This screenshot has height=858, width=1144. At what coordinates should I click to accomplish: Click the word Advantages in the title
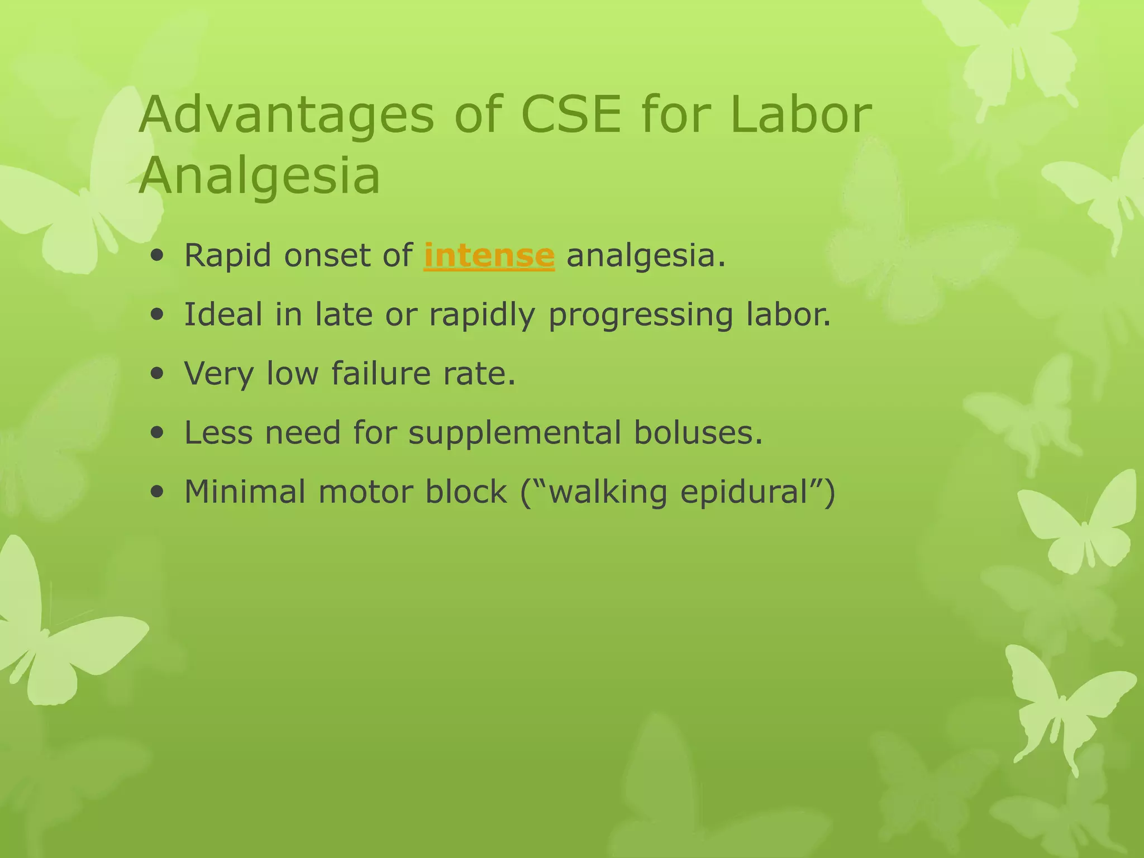coord(286,116)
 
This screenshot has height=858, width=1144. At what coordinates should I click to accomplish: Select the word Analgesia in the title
coord(259,177)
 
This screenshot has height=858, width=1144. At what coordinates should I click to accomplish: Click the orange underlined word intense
coord(489,256)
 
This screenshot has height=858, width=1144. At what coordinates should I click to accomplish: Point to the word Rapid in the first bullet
coord(228,256)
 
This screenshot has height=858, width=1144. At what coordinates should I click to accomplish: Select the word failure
coord(381,373)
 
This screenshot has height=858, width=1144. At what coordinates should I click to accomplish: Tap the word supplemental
coord(514,433)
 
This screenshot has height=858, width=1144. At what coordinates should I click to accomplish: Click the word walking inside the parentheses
coord(608,493)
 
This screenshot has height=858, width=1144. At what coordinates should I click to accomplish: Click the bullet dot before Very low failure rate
coord(158,374)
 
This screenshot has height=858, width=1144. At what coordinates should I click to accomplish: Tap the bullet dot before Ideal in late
coord(158,314)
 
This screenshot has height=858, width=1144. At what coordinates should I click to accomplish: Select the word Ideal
coord(223,314)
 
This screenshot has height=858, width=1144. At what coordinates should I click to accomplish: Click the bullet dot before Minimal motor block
coord(158,492)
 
